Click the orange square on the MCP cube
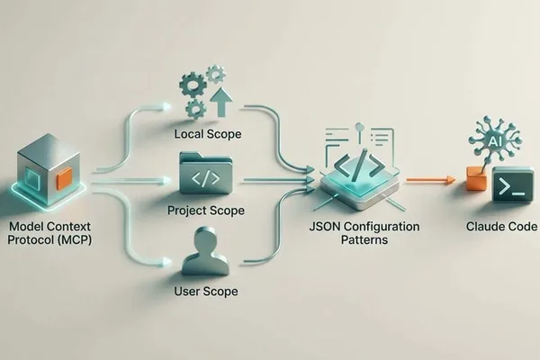coord(65,178)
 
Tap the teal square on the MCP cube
coord(32,179)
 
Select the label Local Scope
coord(207,134)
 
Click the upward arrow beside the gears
coord(222,103)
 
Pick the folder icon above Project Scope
coord(206,173)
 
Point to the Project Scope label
coord(206,211)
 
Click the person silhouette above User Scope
coord(205,251)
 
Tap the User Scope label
coord(206,292)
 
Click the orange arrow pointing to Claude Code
coord(431,179)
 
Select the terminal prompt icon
coord(513,186)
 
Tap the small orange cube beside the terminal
coord(477,178)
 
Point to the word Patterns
coord(364,239)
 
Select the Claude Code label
coord(501,227)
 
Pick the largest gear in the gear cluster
coord(193,83)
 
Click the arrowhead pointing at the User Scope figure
coord(166,263)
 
